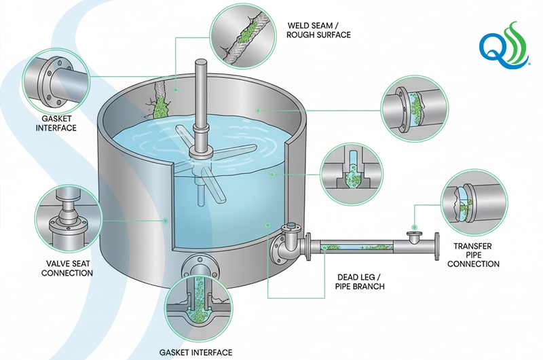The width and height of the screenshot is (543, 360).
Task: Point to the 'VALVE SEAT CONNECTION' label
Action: click(x=67, y=268)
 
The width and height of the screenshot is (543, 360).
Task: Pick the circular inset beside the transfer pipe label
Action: click(x=468, y=202)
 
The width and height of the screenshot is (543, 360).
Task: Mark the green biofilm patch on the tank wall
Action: click(x=161, y=107)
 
